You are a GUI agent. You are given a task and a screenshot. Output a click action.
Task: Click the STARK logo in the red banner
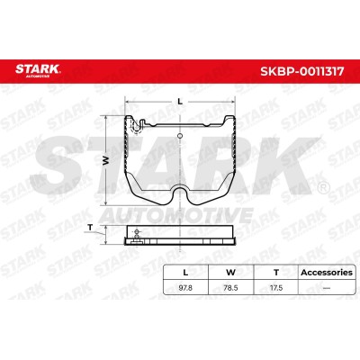[38, 70]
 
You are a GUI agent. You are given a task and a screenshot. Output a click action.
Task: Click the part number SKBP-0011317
[302, 71]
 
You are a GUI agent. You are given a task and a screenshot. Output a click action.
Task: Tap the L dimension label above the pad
[180, 102]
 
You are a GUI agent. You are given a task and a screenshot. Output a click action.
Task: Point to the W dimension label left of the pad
[105, 161]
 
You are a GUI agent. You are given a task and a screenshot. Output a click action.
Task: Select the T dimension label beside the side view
[90, 228]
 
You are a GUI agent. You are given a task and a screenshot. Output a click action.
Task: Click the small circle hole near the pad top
[180, 136]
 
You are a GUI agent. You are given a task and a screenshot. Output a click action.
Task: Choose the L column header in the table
[185, 273]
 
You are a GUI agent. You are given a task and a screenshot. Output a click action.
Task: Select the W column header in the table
[230, 273]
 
